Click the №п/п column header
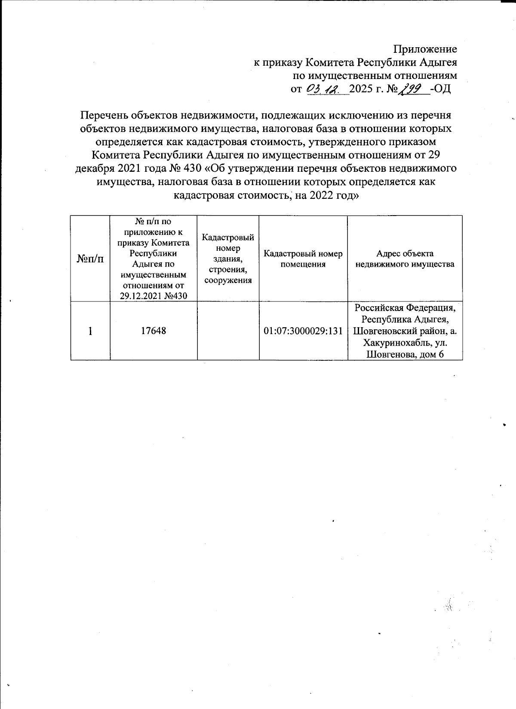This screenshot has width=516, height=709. click(90, 258)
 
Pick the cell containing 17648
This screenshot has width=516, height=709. click(154, 331)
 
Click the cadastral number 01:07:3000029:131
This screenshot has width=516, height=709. click(303, 331)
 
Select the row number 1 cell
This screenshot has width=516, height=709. click(90, 331)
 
